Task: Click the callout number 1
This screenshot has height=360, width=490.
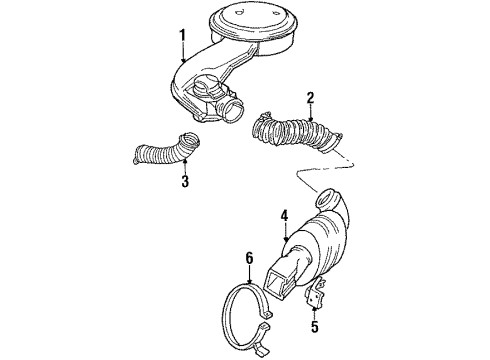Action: (182, 36)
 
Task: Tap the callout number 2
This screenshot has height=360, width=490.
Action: (311, 98)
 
